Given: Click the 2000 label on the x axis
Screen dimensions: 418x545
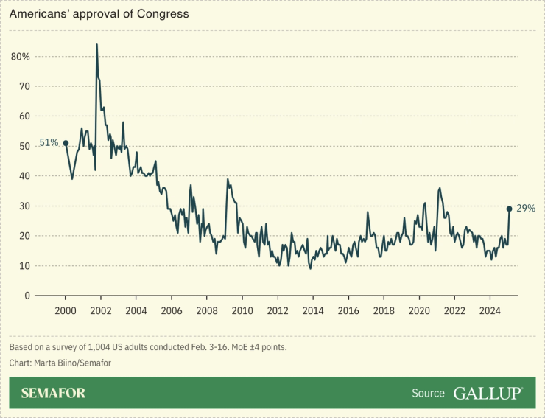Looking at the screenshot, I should coord(66,311).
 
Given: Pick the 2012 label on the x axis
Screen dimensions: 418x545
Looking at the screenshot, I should coord(278,311).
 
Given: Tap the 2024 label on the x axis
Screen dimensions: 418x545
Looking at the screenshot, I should coord(490,311).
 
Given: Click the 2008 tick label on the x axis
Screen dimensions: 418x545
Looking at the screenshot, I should coord(207,311).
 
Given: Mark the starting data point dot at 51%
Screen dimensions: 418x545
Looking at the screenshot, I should coord(66,143).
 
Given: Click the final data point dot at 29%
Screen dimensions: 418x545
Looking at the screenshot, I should coord(509,209).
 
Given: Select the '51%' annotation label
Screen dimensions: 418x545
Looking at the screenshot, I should coord(49,142).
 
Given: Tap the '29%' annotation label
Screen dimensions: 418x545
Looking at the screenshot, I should coord(525,209).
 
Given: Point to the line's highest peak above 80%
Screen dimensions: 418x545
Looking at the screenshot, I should coord(96,45).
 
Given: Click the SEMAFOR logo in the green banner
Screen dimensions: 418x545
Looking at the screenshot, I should coord(53,393).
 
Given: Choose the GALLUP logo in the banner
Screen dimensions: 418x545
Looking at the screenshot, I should coord(488,393).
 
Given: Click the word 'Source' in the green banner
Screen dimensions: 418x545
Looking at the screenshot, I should coord(428,394).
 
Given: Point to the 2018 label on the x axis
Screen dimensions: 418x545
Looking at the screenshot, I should coord(384,311).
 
